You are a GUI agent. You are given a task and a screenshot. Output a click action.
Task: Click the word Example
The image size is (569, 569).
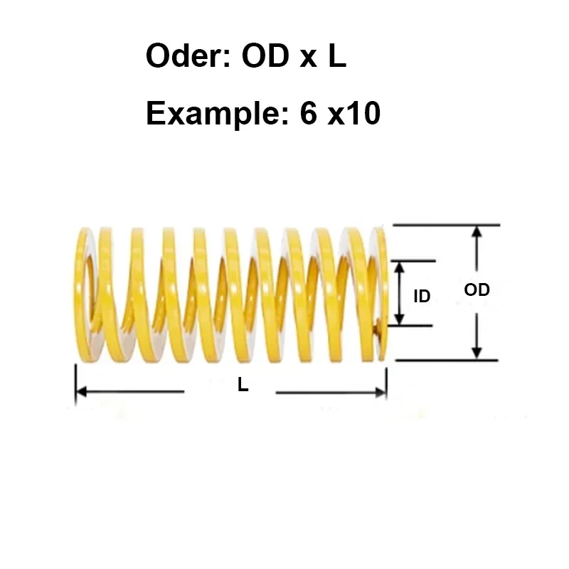[209, 113]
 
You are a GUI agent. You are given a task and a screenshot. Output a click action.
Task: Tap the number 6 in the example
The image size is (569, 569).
[308, 113]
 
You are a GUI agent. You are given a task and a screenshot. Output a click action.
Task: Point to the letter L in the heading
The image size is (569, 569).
[336, 56]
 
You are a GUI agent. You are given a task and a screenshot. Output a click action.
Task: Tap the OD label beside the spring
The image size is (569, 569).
[477, 289]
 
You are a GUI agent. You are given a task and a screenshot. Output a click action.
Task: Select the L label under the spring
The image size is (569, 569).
[243, 385]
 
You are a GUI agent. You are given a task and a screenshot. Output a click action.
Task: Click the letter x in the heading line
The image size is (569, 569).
[307, 59]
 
